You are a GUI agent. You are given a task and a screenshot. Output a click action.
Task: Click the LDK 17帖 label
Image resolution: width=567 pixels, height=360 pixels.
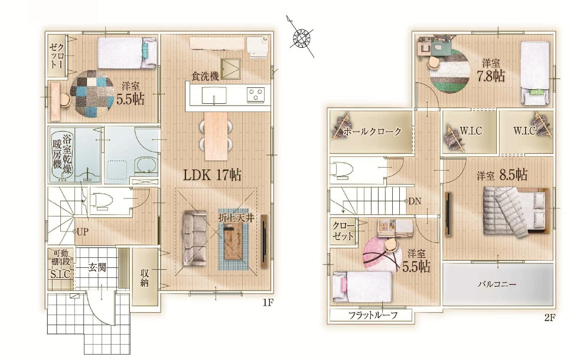[212, 175]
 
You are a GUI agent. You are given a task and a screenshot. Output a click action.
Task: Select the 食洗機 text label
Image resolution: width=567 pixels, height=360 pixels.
[205, 76]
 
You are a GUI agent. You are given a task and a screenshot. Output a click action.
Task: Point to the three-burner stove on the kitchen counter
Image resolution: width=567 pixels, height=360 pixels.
[256, 94]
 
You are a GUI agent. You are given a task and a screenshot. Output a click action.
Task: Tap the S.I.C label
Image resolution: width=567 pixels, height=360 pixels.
[60, 274]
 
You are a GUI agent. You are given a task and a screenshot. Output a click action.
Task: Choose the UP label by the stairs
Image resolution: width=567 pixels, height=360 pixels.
[82, 232]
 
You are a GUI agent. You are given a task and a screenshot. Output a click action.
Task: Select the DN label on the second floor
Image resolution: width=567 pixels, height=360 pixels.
[415, 201]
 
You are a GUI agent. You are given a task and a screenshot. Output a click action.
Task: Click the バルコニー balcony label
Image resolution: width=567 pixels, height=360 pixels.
[497, 284]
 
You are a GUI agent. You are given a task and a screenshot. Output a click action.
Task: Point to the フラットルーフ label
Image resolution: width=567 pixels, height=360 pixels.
[373, 315]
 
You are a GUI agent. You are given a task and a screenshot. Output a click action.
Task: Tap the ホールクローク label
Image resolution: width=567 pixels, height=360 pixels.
[372, 132]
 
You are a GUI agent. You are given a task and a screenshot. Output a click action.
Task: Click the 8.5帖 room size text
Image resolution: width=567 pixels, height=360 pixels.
[513, 175]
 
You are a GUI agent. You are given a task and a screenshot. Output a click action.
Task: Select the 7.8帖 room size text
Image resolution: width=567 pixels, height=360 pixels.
[491, 76]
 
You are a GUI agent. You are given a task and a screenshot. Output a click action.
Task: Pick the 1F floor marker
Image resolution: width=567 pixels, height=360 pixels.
[267, 303]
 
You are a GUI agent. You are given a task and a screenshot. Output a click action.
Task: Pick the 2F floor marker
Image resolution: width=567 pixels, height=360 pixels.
[549, 318]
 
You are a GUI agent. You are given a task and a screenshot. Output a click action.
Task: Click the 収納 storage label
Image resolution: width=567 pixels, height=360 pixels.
[144, 278]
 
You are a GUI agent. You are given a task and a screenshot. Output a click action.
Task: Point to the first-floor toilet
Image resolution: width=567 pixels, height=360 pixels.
[101, 200]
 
